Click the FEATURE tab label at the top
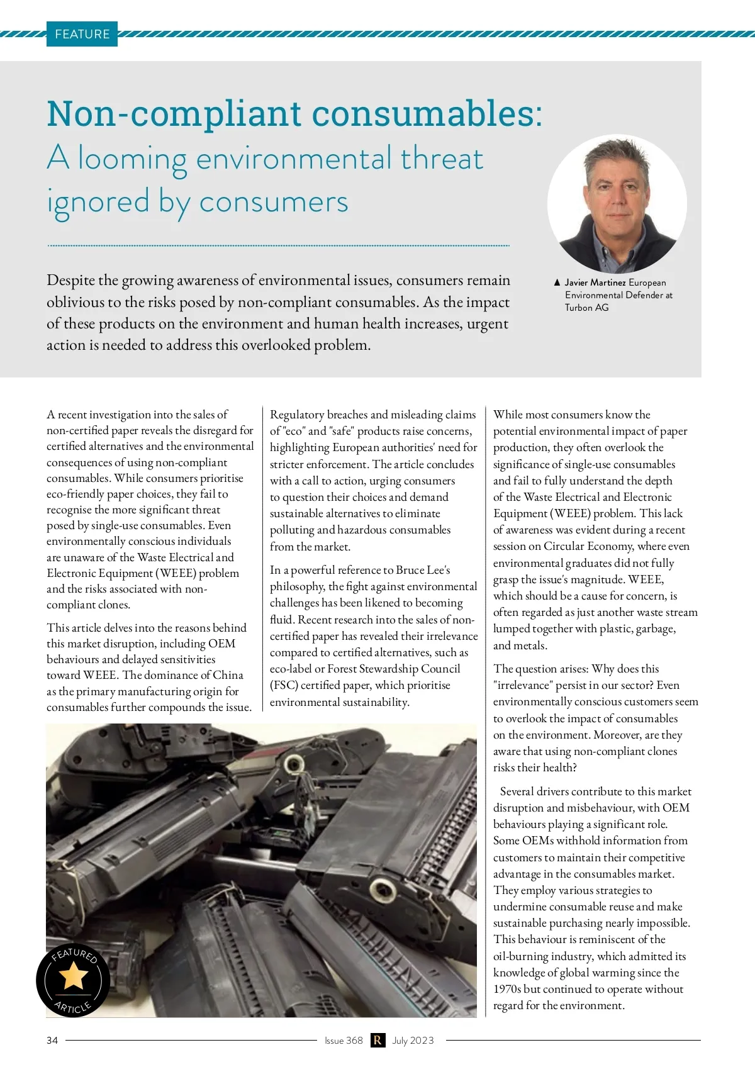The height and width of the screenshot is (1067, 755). (x=82, y=34)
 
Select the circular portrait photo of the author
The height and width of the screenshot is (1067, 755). (x=617, y=204)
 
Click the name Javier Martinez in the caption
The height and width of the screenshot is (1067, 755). (x=595, y=282)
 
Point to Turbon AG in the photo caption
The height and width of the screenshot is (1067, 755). (x=586, y=308)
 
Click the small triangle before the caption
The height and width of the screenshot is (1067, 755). (x=557, y=282)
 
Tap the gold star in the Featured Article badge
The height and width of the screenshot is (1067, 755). (x=73, y=976)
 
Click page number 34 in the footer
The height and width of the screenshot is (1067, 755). (x=52, y=1041)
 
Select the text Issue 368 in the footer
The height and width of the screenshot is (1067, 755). (x=344, y=1041)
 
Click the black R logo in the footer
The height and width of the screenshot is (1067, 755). (x=377, y=1041)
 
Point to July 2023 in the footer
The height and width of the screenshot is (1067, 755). (x=413, y=1041)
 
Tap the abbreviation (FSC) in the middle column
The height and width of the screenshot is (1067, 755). (x=284, y=685)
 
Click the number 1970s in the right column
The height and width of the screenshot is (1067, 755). (x=507, y=989)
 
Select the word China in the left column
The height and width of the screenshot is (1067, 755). (x=228, y=675)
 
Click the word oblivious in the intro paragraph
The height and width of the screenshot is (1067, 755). (x=76, y=303)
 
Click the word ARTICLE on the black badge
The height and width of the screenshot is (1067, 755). (x=73, y=1007)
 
